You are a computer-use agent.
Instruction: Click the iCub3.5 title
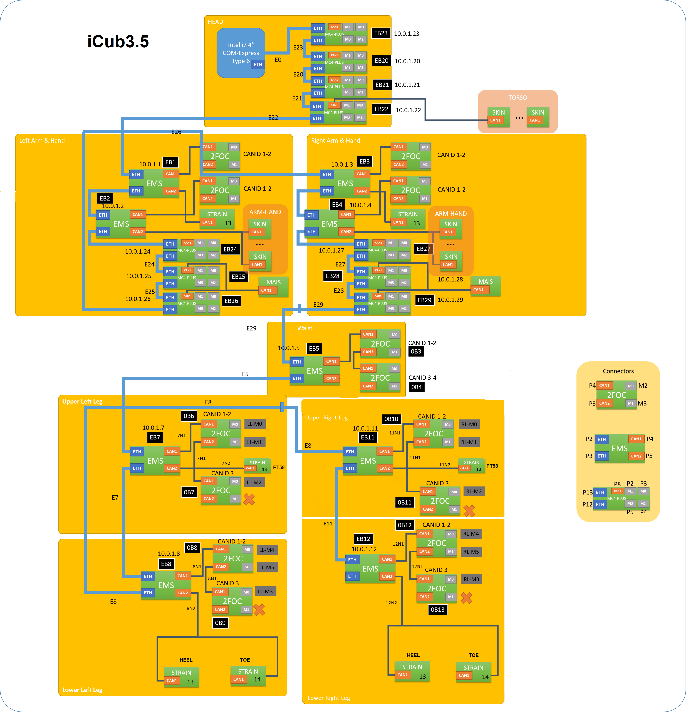(118, 41)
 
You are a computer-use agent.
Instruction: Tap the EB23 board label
(381, 33)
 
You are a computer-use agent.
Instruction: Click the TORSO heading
(517, 98)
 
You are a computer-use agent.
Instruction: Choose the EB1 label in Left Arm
(170, 162)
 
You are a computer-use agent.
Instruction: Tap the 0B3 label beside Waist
(416, 351)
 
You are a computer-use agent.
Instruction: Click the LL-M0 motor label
(255, 424)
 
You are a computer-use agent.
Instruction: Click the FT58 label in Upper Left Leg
(279, 468)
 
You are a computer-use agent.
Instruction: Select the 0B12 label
(405, 525)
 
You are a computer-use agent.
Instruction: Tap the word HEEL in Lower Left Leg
(186, 660)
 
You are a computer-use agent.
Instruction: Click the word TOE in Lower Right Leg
(474, 655)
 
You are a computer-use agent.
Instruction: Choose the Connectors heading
(618, 371)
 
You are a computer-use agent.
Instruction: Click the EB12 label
(363, 539)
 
